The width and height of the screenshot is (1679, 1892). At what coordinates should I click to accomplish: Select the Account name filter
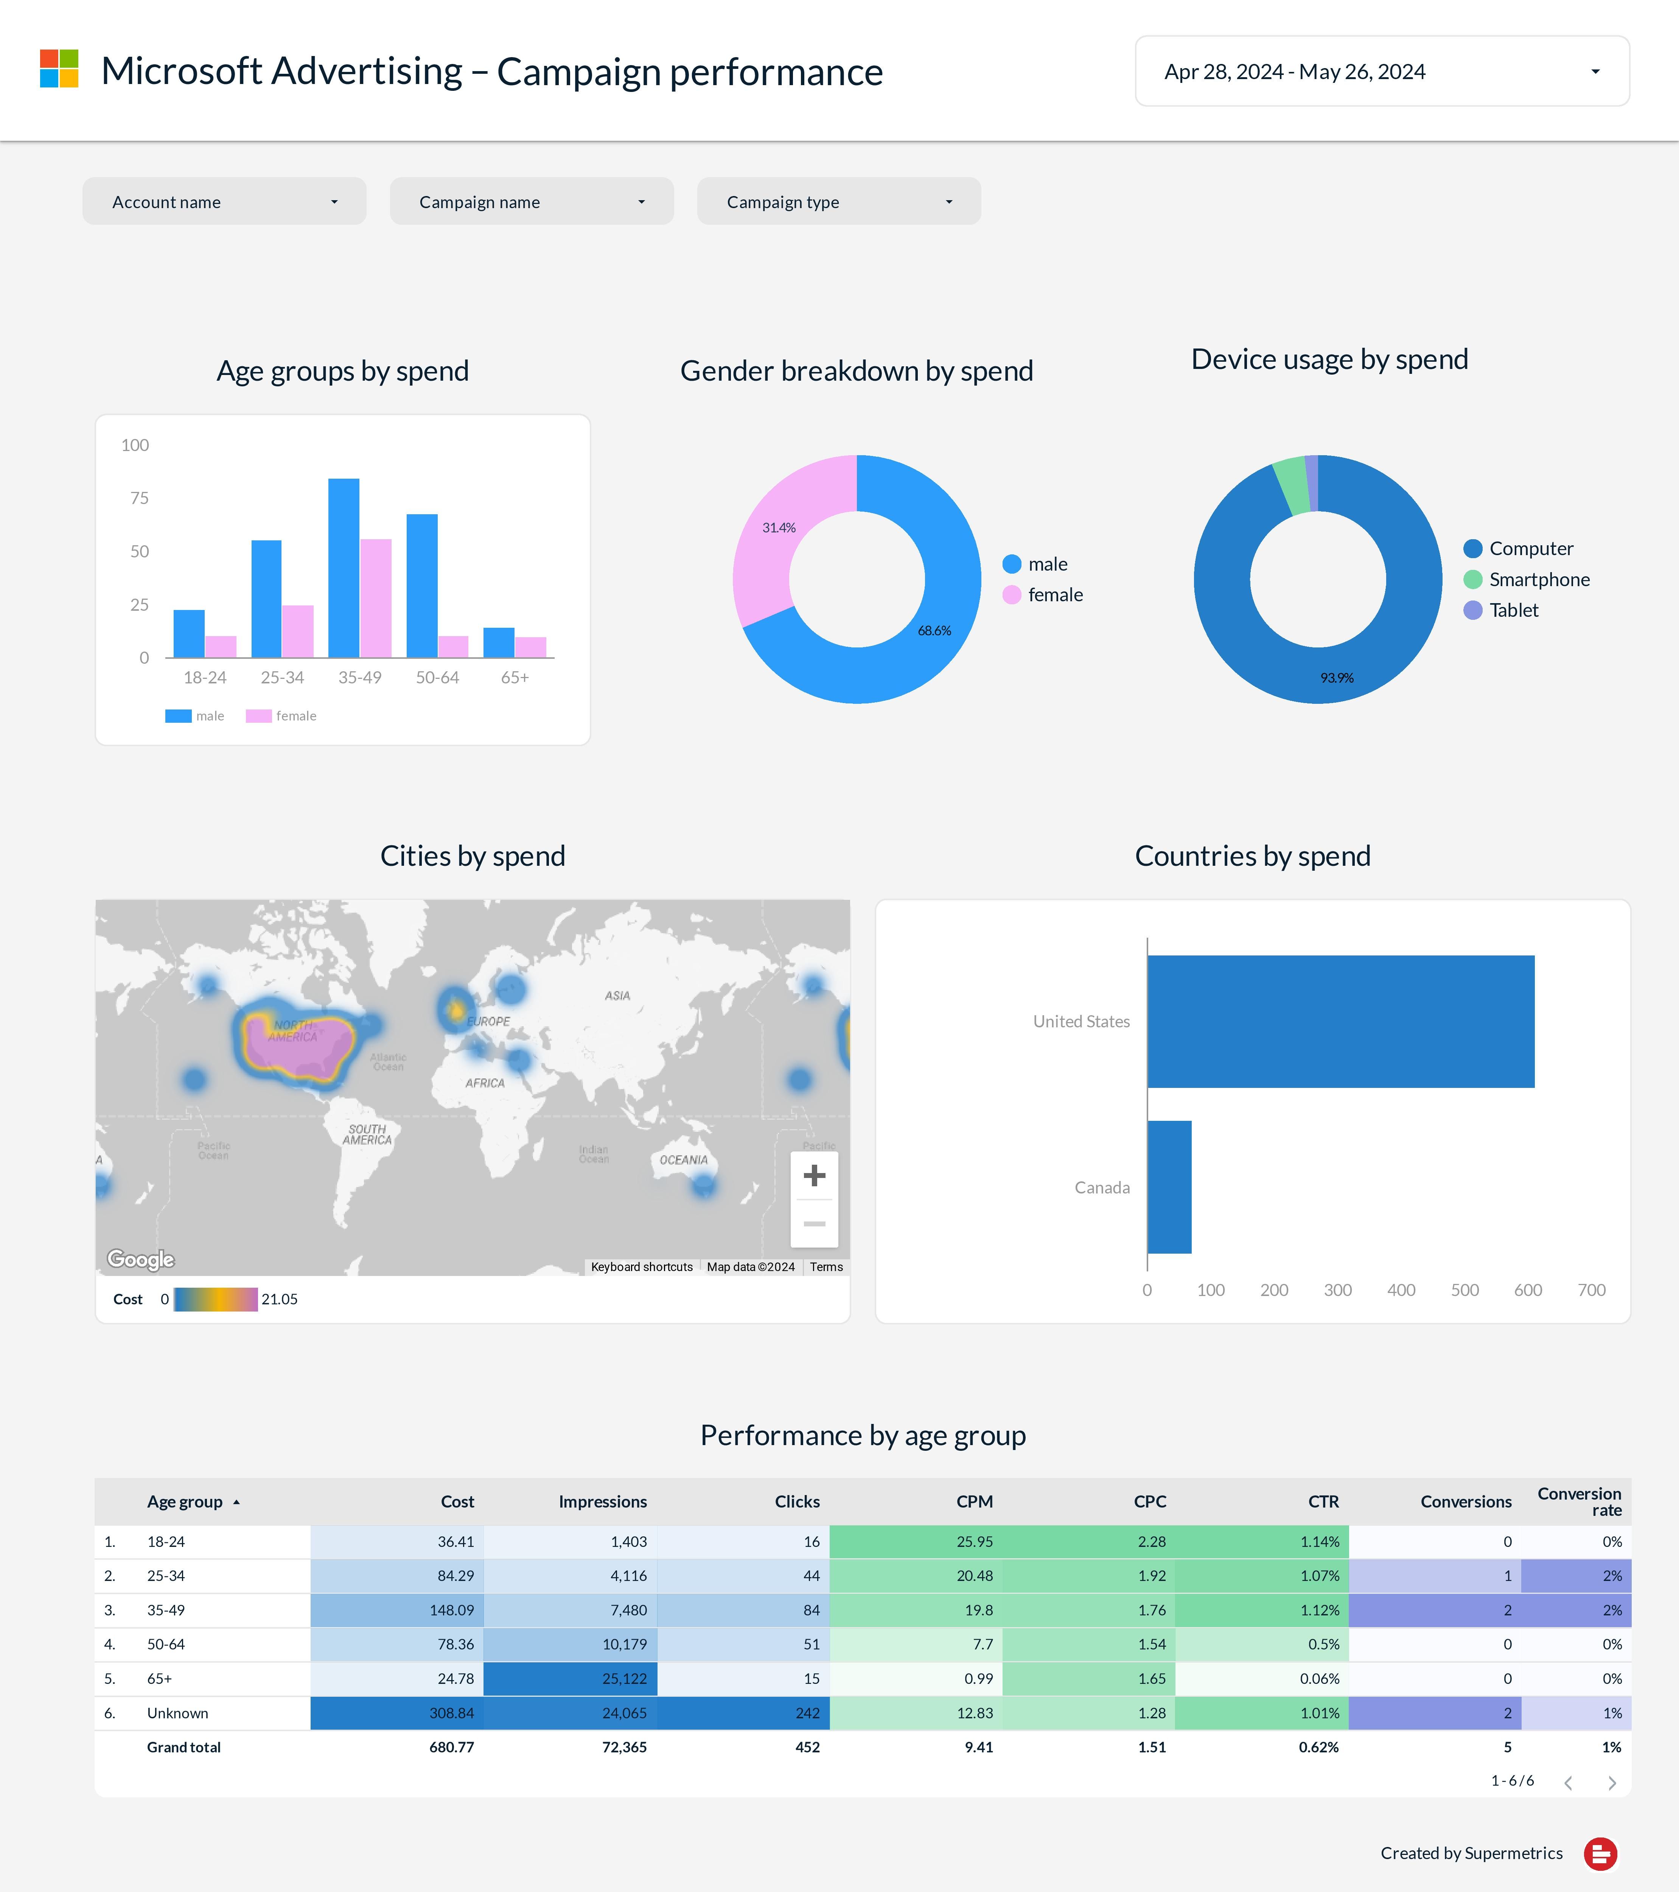224,202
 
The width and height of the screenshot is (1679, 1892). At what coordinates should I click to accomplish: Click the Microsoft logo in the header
59,69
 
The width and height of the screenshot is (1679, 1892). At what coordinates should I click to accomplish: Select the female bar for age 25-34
298,631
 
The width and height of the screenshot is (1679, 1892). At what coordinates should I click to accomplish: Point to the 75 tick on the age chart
139,498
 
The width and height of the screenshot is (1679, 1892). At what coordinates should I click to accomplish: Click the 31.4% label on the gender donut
779,527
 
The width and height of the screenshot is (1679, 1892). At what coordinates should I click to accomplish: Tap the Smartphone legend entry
1538,579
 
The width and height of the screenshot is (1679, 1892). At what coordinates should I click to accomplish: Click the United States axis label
1081,1021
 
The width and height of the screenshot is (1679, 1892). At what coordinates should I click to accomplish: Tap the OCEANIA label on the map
683,1160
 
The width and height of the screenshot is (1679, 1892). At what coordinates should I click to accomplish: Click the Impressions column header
603,1501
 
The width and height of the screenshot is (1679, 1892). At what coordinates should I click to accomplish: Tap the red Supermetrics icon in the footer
1600,1853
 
